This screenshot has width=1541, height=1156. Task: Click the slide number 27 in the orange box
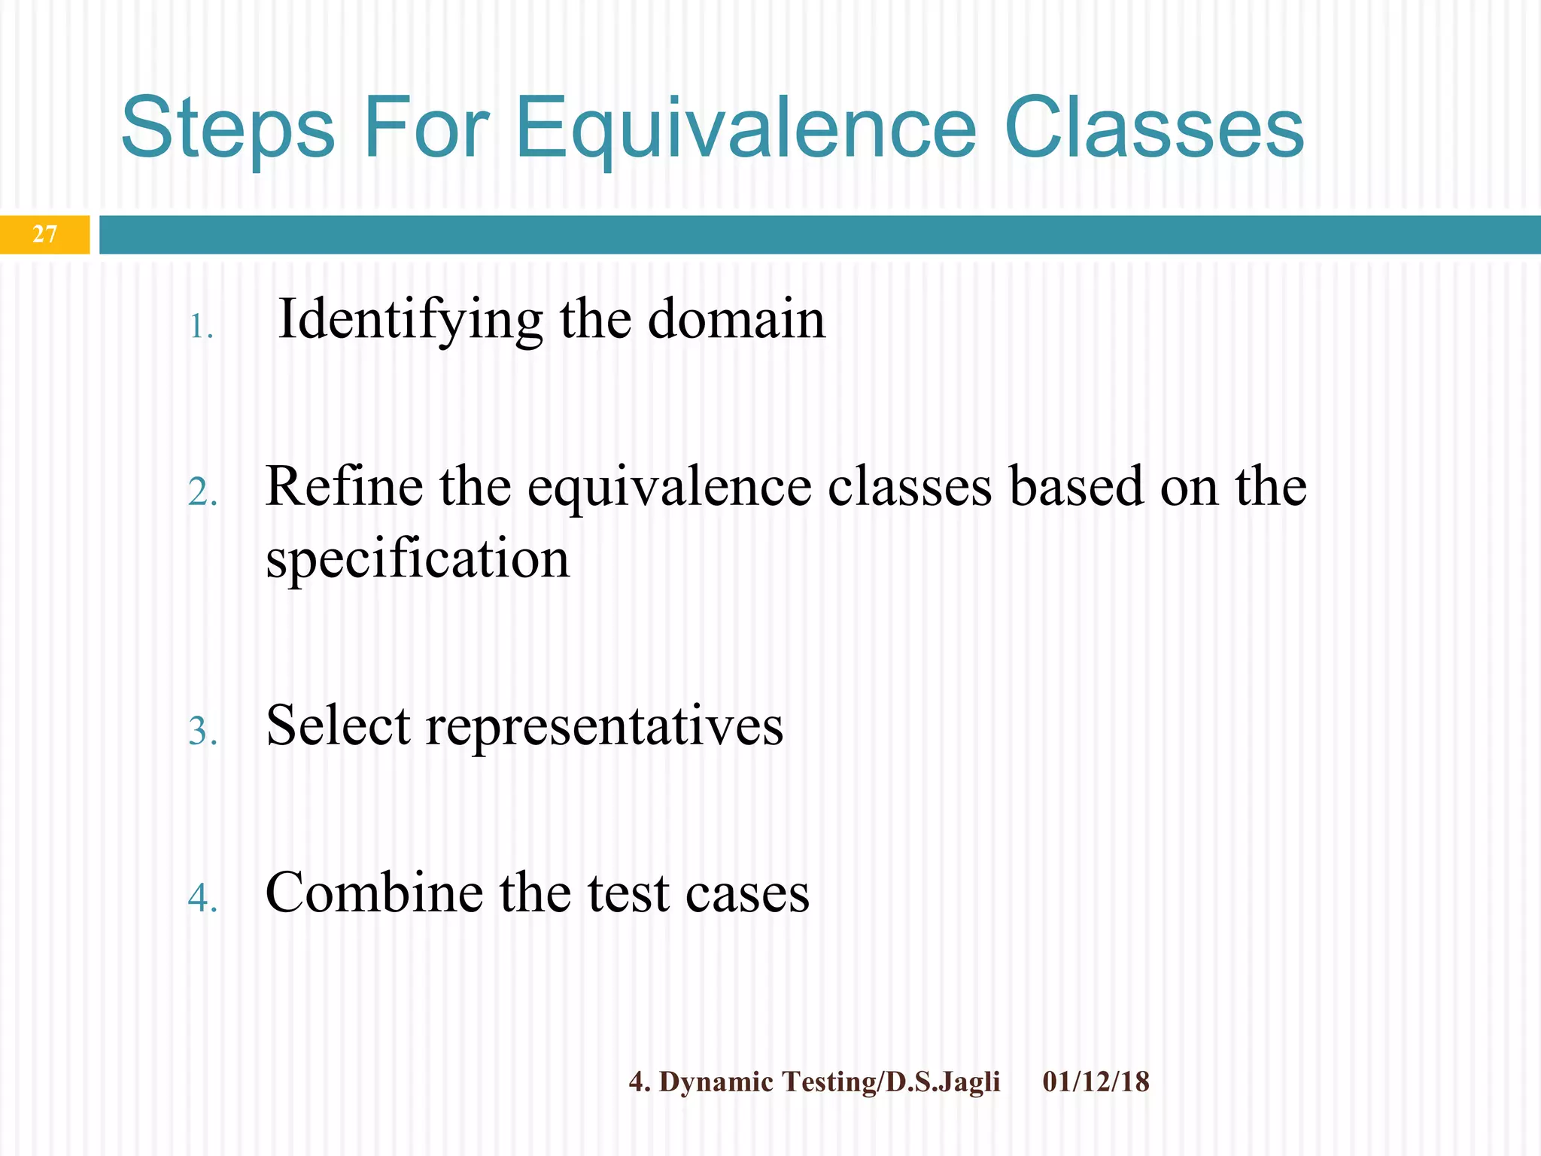pos(44,234)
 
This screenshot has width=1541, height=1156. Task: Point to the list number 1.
pos(200,327)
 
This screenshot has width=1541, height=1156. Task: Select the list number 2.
pos(202,494)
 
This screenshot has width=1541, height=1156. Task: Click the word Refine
pos(344,486)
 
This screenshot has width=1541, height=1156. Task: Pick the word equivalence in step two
pos(669,488)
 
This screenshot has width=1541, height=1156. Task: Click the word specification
pos(418,559)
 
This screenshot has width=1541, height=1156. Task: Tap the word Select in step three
pos(338,726)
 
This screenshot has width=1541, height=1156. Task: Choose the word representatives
pos(604,727)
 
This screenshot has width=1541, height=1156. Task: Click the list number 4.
pos(202,898)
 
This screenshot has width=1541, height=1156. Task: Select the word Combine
pos(374,893)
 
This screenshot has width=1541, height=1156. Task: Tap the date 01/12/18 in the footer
pos(1096,1081)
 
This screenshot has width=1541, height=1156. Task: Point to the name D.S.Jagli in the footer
pos(943,1082)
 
